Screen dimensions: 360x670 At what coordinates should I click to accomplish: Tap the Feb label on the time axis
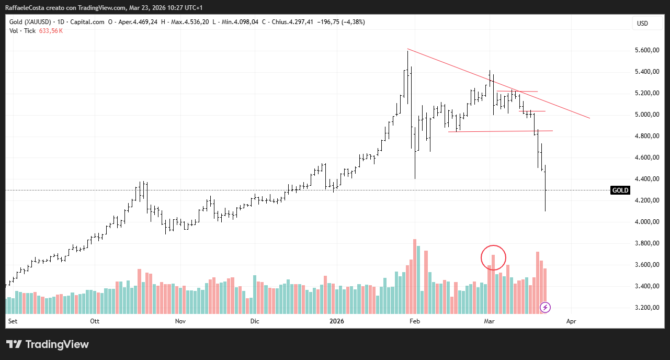coord(414,321)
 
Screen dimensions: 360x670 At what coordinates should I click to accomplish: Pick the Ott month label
coord(95,321)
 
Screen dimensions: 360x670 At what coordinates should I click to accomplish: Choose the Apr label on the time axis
coord(571,321)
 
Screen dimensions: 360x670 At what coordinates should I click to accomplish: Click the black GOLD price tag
coord(620,190)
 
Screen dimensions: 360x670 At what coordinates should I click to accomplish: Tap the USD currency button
coord(642,23)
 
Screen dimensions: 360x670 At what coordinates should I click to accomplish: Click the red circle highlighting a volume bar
coord(493,257)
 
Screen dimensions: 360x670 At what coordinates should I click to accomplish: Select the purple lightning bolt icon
coord(546,307)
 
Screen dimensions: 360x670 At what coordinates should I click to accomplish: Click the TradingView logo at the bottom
coord(48,344)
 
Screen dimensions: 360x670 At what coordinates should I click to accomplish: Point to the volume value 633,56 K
coord(51,31)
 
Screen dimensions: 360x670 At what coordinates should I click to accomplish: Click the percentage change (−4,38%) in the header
coord(351,22)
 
